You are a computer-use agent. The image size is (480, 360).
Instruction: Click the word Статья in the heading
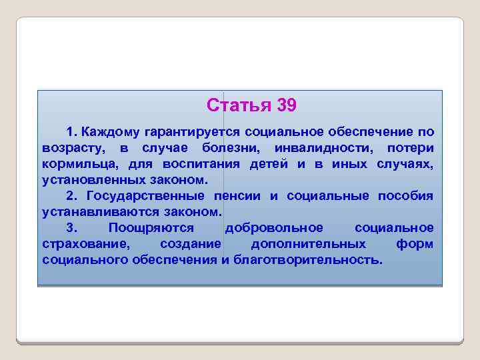(x=233, y=105)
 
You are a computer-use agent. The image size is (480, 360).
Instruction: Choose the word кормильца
(x=74, y=163)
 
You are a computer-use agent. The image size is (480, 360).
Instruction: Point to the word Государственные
(x=145, y=196)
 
